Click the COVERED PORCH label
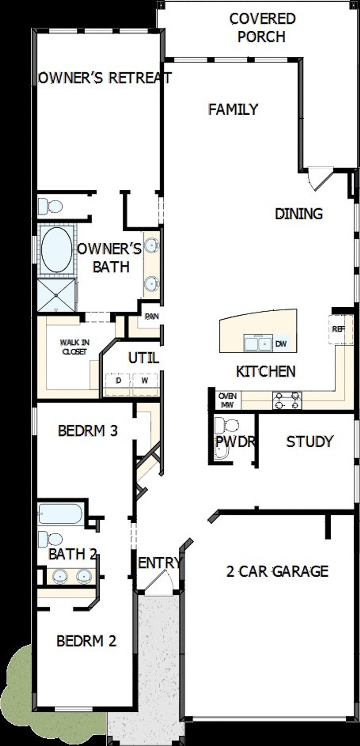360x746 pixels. point(262,28)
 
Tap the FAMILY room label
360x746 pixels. point(233,109)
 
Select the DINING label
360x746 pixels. point(299,214)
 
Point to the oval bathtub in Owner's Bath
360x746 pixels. point(57,249)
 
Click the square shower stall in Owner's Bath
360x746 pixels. point(56,295)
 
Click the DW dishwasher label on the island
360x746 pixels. point(281,344)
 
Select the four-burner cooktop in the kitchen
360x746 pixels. point(287,400)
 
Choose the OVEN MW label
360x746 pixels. point(227,400)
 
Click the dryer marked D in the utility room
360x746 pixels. point(118,380)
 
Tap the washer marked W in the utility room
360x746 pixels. point(145,380)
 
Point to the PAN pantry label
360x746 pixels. point(152,316)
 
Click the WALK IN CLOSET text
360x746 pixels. point(75,347)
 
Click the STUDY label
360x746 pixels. point(310,441)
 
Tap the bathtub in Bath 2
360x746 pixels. point(60,513)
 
